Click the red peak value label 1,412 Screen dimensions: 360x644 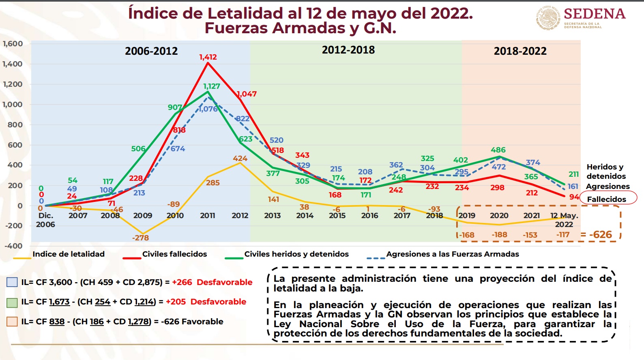(208, 57)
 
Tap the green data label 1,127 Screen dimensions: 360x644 (212, 86)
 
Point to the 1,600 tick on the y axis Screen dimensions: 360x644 (13, 44)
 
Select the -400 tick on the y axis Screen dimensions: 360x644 (13, 246)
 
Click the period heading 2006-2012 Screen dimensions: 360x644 (151, 51)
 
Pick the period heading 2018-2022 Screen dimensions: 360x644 (520, 51)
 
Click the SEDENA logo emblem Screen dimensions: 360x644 (548, 18)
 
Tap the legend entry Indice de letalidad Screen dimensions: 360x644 (68, 254)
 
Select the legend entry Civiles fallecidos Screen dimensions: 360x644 (174, 254)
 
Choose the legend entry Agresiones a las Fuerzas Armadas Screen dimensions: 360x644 (452, 254)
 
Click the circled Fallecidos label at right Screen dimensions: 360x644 (607, 199)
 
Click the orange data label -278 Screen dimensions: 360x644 (140, 238)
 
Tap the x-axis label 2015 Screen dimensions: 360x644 (337, 216)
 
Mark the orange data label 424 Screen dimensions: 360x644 (240, 159)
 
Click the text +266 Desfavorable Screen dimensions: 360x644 (212, 282)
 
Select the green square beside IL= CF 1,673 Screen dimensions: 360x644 (12, 302)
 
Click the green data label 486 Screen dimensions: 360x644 (498, 150)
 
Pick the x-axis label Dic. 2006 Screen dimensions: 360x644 (45, 220)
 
